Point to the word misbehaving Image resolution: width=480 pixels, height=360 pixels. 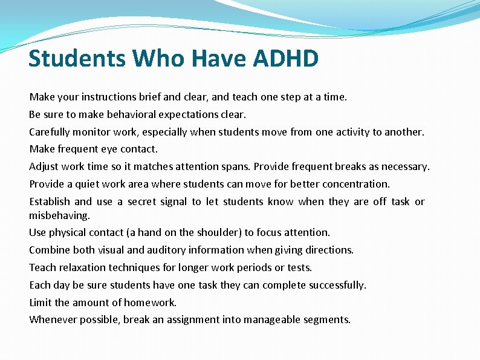pos(59,215)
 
